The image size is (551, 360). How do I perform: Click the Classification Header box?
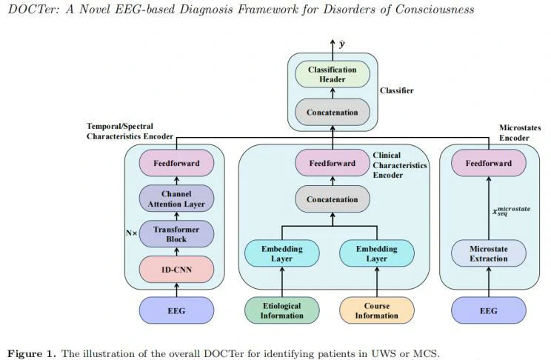[x=333, y=75]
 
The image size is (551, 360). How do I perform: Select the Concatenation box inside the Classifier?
[x=333, y=113]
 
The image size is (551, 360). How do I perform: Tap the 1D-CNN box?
[x=176, y=269]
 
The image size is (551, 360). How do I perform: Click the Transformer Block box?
[x=176, y=234]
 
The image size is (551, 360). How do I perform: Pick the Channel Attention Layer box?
[x=176, y=199]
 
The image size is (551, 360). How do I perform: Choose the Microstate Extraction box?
[x=489, y=253]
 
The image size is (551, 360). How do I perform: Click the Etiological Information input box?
[x=281, y=310]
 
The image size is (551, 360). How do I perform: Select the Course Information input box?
[x=377, y=310]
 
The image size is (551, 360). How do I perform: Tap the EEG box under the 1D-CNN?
[x=176, y=310]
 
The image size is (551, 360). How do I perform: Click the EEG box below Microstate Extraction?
[x=489, y=310]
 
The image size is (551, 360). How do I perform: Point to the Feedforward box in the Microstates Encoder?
[x=489, y=164]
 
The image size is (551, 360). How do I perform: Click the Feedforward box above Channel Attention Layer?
[x=176, y=164]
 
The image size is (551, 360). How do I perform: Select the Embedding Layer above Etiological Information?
[x=281, y=253]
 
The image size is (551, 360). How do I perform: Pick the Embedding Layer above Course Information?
[x=377, y=253]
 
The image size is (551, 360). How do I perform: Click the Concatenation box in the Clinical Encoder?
[x=333, y=199]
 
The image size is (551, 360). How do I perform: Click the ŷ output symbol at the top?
[x=342, y=44]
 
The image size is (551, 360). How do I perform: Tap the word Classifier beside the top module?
[x=397, y=91]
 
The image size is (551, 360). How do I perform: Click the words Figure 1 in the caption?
[x=30, y=353]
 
